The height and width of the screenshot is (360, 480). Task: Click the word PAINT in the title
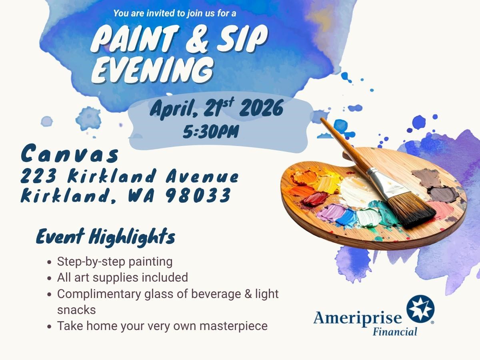(x=134, y=39)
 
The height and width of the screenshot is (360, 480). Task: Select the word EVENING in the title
(x=152, y=70)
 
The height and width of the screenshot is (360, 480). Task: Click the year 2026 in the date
(x=261, y=108)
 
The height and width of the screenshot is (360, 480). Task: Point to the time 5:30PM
(x=211, y=132)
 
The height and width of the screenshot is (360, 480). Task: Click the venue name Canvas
(x=70, y=154)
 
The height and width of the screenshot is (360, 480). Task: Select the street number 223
(x=38, y=176)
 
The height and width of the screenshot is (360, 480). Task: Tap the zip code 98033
(x=198, y=195)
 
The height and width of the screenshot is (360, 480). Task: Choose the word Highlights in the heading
(x=132, y=236)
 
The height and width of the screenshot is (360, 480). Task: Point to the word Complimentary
(x=99, y=294)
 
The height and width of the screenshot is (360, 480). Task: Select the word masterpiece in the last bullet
(x=234, y=326)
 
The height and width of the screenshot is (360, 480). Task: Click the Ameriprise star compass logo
(x=420, y=309)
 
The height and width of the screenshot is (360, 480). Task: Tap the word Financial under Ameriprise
(x=395, y=332)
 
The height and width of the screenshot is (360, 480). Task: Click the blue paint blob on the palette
(x=347, y=218)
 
